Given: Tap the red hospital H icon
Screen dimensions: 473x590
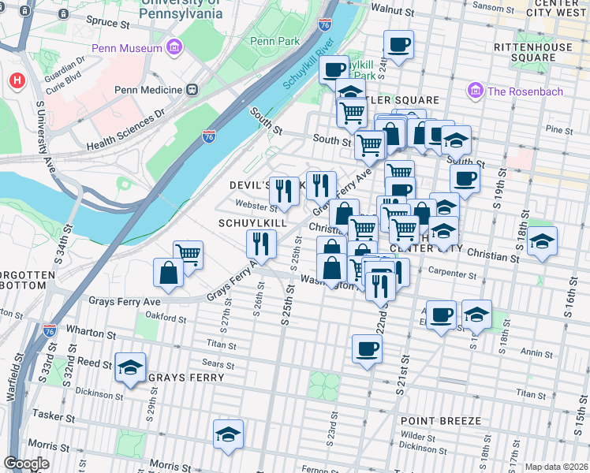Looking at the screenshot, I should [x=17, y=80].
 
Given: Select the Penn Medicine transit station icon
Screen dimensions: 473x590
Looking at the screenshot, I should [x=192, y=89].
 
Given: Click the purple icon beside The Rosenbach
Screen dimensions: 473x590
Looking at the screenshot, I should [x=475, y=91].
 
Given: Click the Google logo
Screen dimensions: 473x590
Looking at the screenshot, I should [x=26, y=464].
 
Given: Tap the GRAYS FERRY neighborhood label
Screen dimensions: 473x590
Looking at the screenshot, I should [x=187, y=378].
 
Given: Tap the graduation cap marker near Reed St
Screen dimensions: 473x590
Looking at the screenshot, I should [x=130, y=367].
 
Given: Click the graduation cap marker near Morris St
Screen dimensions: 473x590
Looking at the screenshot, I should [x=228, y=434].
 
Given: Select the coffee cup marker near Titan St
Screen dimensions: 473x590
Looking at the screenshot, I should [x=367, y=348].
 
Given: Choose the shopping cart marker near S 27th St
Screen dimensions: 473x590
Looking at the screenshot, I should [x=189, y=255].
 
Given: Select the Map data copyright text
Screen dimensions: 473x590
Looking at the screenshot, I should [x=556, y=467].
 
